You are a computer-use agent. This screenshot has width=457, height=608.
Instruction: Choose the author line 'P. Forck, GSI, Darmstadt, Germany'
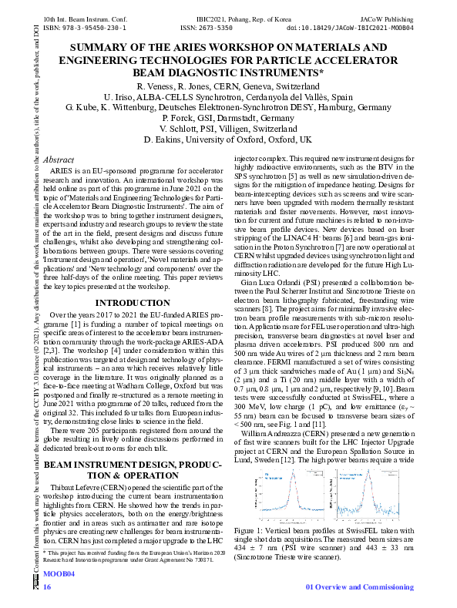coord(227,119)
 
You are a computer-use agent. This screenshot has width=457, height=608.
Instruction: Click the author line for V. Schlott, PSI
coord(227,129)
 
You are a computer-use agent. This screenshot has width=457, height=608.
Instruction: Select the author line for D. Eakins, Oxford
coord(227,140)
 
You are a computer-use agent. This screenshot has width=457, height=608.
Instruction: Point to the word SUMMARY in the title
coord(115,48)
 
